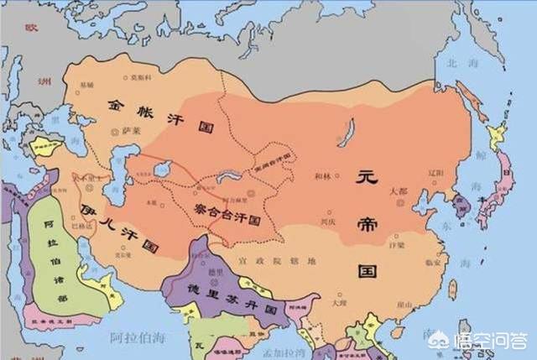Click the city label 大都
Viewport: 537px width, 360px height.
pos(399,191)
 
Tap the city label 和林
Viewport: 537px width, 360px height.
pos(323,176)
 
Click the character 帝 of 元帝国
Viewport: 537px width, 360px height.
pos(366,220)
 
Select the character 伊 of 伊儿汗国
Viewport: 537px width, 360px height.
pos(88,207)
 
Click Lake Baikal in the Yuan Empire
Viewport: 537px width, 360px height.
pos(346,132)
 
